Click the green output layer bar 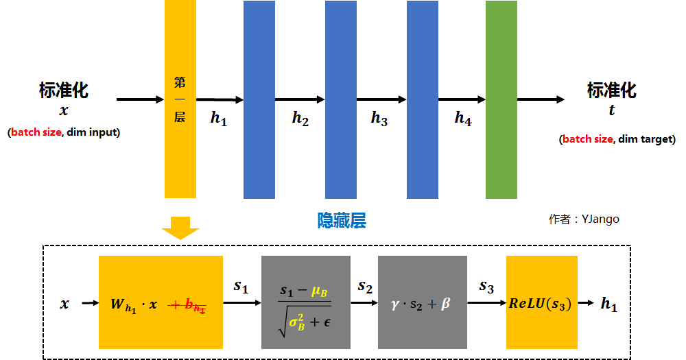click(x=501, y=99)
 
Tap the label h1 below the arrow click(x=218, y=118)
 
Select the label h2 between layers click(x=300, y=118)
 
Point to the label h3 click(x=379, y=119)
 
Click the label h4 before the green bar click(x=463, y=118)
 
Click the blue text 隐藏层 click(x=341, y=220)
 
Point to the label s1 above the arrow click(x=241, y=286)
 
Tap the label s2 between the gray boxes click(x=365, y=286)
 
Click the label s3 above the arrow click(x=486, y=286)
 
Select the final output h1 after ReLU click(x=608, y=306)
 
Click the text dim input click(x=93, y=132)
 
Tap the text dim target click(x=646, y=139)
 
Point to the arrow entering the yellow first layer click(x=140, y=99)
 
